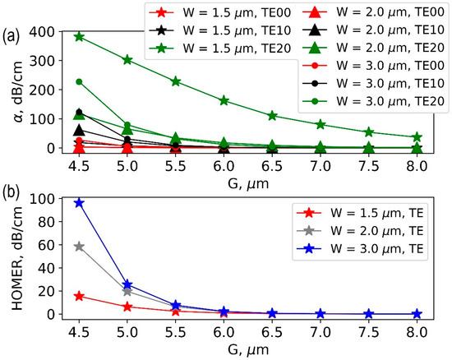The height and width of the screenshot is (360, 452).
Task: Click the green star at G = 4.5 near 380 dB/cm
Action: coord(79,37)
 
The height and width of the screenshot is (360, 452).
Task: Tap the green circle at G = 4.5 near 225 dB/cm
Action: coord(79,82)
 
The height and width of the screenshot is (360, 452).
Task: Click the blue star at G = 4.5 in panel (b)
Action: coord(79,202)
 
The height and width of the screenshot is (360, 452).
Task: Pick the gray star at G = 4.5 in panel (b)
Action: coord(79,247)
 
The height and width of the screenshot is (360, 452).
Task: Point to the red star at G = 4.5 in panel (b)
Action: coord(79,296)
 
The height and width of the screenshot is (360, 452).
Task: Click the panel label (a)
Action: coord(12,35)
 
